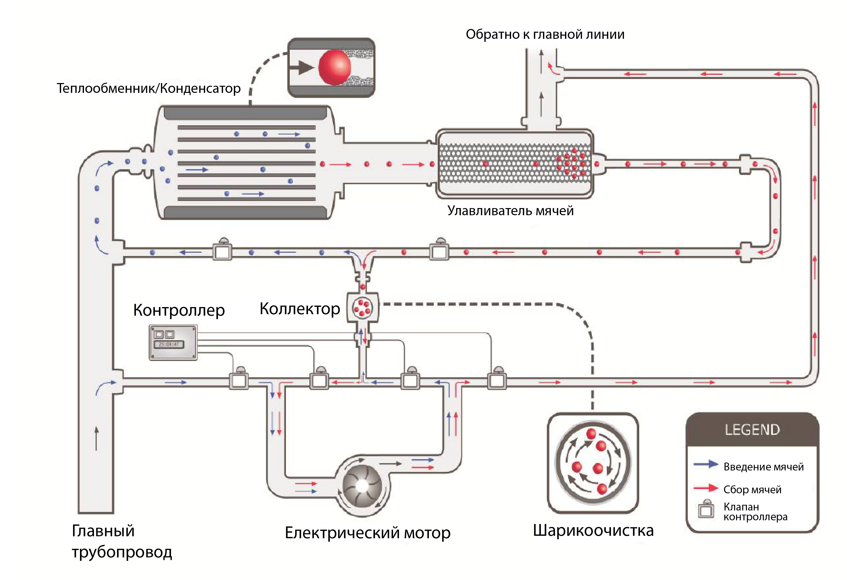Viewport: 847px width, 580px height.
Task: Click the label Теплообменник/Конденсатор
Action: click(x=148, y=89)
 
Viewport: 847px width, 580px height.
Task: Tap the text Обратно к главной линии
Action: click(x=545, y=34)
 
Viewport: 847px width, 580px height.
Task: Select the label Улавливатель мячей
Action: click(x=510, y=211)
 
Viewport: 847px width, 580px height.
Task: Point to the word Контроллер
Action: click(x=179, y=311)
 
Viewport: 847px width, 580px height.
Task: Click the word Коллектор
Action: click(x=300, y=309)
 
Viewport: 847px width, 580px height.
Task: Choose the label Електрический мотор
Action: click(x=367, y=533)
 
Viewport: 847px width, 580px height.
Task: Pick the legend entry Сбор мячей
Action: click(x=752, y=490)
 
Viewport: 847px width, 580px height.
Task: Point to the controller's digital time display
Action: click(x=169, y=344)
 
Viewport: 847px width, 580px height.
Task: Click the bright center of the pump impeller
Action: click(x=362, y=485)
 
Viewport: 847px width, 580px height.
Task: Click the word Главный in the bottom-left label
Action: click(x=103, y=531)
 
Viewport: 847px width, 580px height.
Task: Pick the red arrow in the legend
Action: click(x=706, y=488)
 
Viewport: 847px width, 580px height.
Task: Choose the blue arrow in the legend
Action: click(x=706, y=464)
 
